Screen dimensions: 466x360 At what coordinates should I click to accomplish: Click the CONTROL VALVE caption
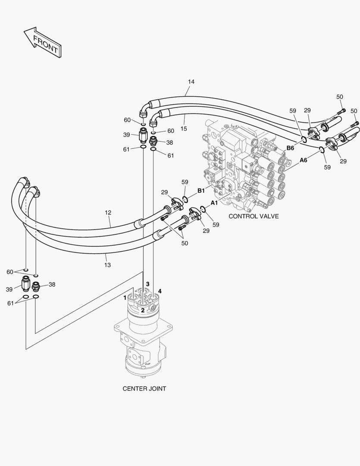(x=254, y=216)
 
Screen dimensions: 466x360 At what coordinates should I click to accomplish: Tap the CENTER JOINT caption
(x=144, y=388)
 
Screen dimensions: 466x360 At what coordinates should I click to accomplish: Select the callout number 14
(x=191, y=82)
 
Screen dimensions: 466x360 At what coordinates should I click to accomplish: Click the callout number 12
(x=108, y=212)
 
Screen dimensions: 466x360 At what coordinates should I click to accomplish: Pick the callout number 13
(x=107, y=265)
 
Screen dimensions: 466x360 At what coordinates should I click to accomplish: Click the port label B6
(x=291, y=148)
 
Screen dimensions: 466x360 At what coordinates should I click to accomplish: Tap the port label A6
(x=304, y=160)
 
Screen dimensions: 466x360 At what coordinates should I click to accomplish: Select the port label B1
(x=201, y=190)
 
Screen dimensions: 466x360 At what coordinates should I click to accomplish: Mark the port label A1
(x=214, y=202)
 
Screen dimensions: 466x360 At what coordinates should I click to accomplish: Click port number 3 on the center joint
(x=147, y=284)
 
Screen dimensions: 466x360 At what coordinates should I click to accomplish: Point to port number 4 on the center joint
(x=160, y=291)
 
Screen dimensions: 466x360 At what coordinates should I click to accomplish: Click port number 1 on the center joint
(x=125, y=297)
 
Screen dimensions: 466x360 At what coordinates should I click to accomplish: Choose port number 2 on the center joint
(x=143, y=310)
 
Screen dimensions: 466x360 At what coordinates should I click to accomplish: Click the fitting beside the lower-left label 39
(x=25, y=285)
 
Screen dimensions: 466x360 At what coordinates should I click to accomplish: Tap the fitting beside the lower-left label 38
(x=36, y=286)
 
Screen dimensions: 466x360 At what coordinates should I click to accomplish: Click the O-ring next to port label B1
(x=185, y=199)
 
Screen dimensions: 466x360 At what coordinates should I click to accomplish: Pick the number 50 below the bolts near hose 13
(x=185, y=243)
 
